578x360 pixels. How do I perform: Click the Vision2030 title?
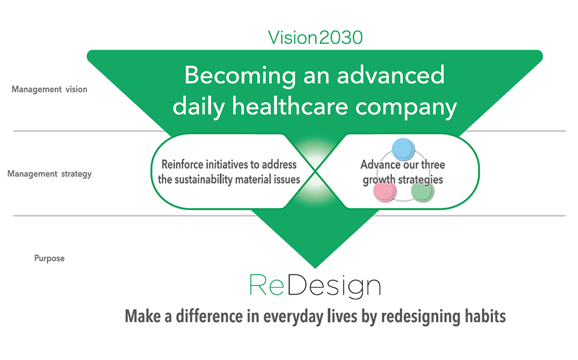pos(315,38)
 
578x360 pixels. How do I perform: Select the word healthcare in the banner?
pos(290,106)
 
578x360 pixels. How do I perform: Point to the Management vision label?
pos(49,90)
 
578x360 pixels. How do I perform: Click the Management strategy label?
pos(49,174)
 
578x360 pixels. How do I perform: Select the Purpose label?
pos(49,258)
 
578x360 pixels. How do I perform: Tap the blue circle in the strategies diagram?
pos(403,149)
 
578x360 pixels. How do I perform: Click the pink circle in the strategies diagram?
pos(385,192)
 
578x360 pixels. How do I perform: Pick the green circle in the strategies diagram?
pos(423,192)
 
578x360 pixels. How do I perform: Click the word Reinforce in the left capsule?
pos(182,164)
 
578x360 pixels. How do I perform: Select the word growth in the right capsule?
pos(379,180)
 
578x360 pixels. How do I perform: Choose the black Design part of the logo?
pos(334,287)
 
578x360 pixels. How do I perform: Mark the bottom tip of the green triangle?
pos(315,268)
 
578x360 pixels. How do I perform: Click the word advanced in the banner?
pos(391,75)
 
